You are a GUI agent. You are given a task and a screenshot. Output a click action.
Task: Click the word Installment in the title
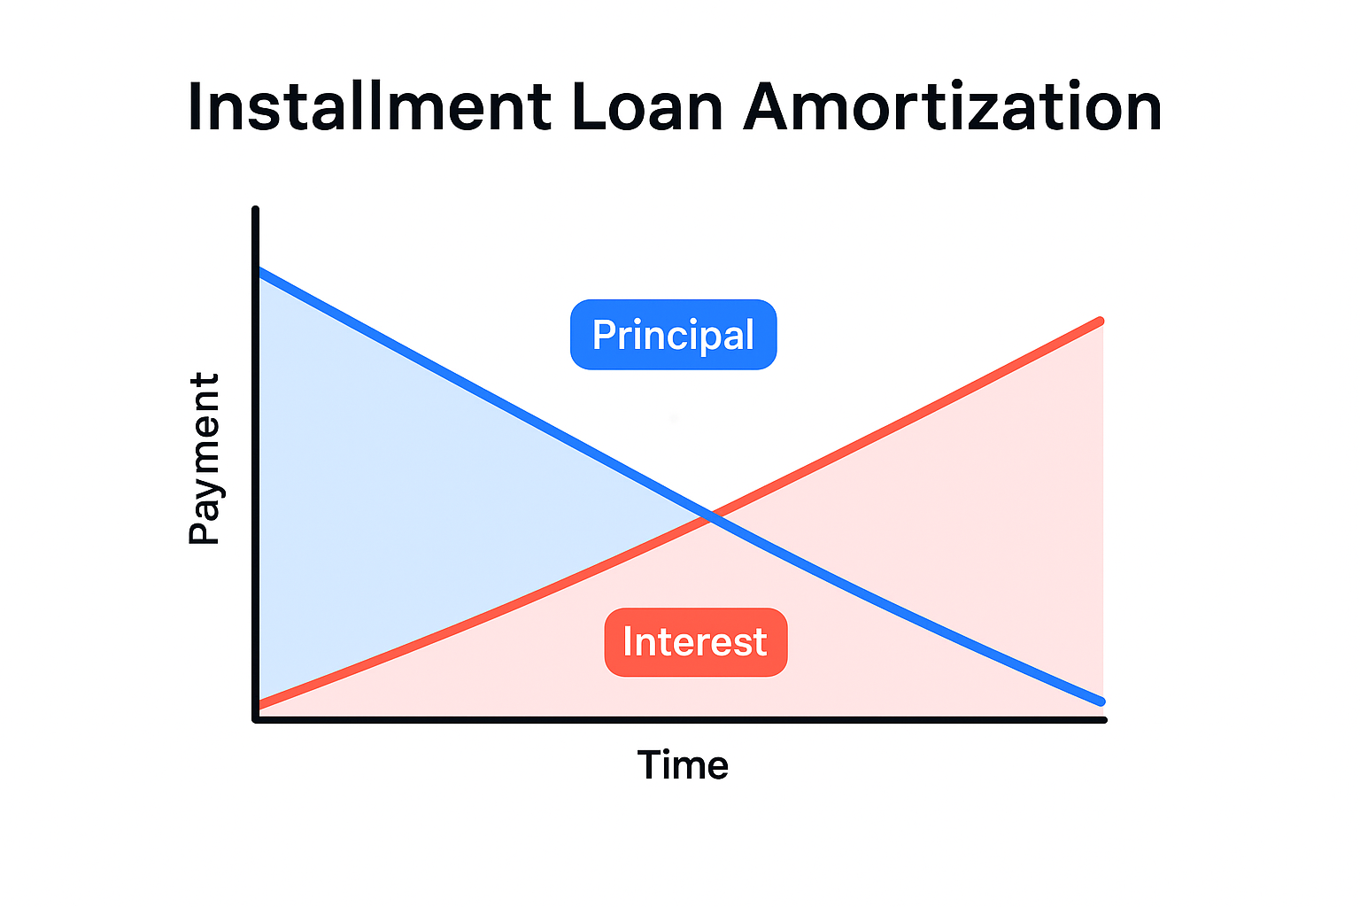click(x=370, y=107)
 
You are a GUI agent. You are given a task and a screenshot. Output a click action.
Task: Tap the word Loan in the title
click(x=647, y=107)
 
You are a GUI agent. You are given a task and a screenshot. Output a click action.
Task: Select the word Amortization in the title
click(x=953, y=107)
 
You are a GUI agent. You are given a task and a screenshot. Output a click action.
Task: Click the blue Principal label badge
click(x=673, y=335)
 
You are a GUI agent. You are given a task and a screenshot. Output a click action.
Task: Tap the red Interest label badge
click(x=696, y=642)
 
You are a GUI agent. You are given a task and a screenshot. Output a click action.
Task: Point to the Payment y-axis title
click(x=205, y=459)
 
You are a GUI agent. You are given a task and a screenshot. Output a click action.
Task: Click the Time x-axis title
click(x=683, y=765)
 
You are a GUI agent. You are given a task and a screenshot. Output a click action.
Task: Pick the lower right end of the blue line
click(x=1101, y=702)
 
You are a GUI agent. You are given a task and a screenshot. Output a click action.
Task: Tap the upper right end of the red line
click(x=1101, y=321)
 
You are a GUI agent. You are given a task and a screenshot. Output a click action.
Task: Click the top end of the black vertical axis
click(x=256, y=210)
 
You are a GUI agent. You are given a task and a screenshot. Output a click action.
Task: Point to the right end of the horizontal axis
click(x=1104, y=720)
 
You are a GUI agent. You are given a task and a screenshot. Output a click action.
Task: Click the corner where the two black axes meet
click(x=256, y=720)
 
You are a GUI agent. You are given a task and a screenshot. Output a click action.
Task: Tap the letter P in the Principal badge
click(x=603, y=334)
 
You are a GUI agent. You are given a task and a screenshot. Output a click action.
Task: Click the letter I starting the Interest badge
click(x=628, y=642)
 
